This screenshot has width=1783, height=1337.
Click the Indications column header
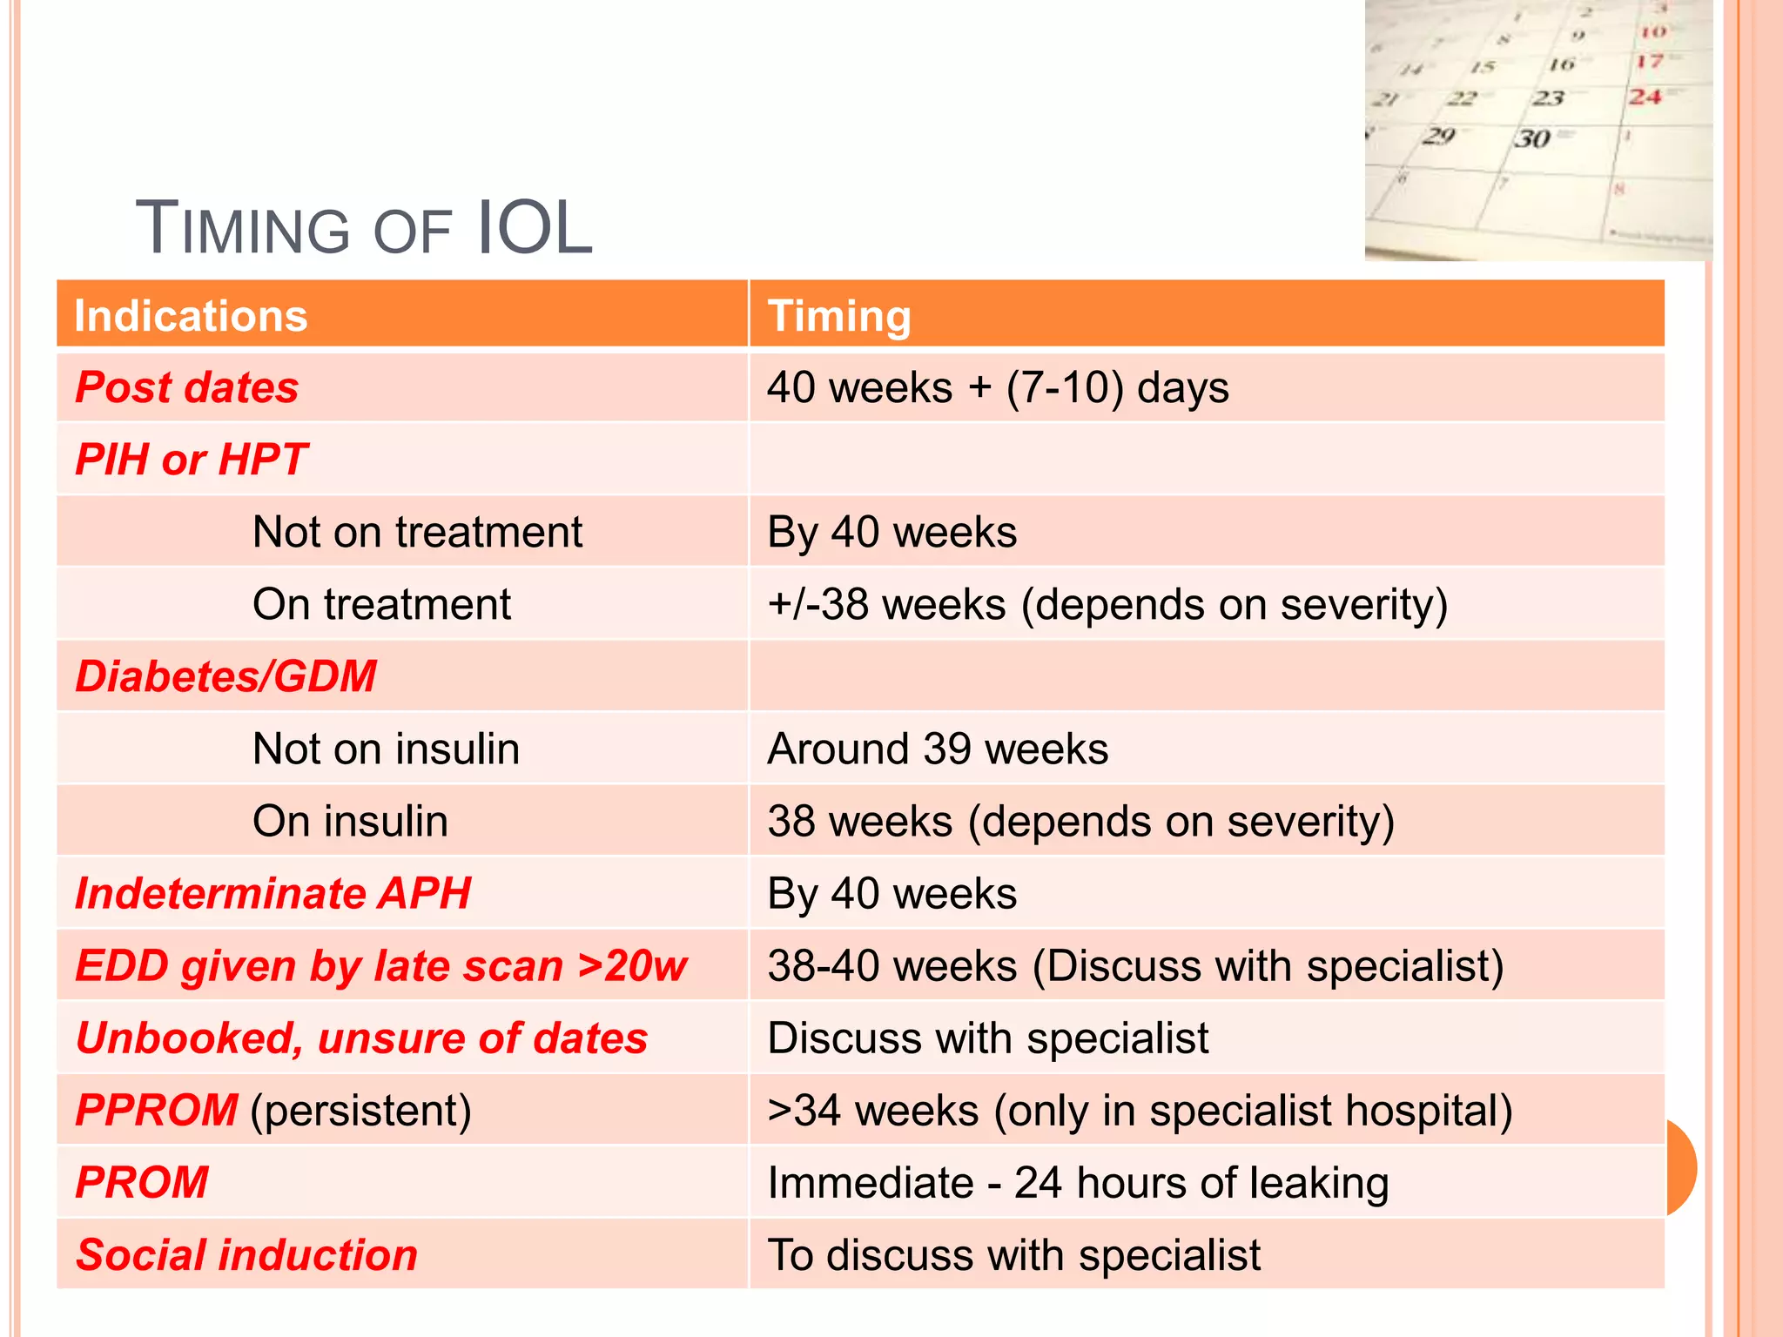click(x=191, y=315)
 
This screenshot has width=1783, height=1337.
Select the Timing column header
click(x=838, y=315)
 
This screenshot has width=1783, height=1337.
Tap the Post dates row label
click(x=186, y=387)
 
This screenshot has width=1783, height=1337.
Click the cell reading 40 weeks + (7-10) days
click(x=997, y=387)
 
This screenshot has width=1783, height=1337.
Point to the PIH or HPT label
click(x=191, y=460)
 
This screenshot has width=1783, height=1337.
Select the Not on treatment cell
click(x=416, y=532)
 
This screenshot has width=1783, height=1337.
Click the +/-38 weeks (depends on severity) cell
click(x=1107, y=604)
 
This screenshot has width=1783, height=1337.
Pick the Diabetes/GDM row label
click(x=225, y=676)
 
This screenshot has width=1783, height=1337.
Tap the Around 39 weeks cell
click(x=937, y=749)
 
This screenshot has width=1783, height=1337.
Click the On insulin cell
click(x=350, y=821)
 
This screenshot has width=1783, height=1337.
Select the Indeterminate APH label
click(x=272, y=893)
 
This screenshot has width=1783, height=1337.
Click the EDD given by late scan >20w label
click(x=380, y=965)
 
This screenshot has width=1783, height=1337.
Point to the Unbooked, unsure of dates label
click(x=361, y=1038)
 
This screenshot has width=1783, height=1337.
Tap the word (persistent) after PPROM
click(x=360, y=1111)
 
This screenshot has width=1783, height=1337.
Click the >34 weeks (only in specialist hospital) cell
click(x=1139, y=1111)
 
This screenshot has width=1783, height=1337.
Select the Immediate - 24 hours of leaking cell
click(x=1077, y=1183)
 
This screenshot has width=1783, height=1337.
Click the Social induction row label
click(x=246, y=1255)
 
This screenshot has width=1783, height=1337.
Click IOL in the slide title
click(x=535, y=228)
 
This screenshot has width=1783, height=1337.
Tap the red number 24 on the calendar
click(x=1645, y=96)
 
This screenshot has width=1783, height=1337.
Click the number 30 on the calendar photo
click(x=1532, y=138)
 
